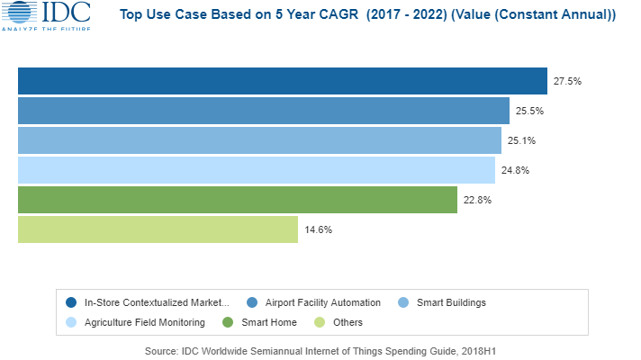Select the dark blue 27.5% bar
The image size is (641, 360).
pyautogui.click(x=283, y=80)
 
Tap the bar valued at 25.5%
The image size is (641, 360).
pyautogui.click(x=264, y=110)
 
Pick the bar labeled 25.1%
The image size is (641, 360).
pyautogui.click(x=259, y=139)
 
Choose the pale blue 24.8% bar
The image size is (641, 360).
pyautogui.click(x=257, y=170)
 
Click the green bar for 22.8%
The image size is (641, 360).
pyautogui.click(x=238, y=200)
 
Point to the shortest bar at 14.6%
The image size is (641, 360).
pyautogui.click(x=158, y=229)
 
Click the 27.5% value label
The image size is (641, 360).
pyautogui.click(x=567, y=81)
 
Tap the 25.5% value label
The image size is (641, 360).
pyautogui.click(x=529, y=111)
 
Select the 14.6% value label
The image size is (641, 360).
pyautogui.click(x=318, y=229)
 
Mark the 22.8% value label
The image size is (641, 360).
pyautogui.click(x=477, y=200)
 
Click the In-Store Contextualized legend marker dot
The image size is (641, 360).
pyautogui.click(x=71, y=302)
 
